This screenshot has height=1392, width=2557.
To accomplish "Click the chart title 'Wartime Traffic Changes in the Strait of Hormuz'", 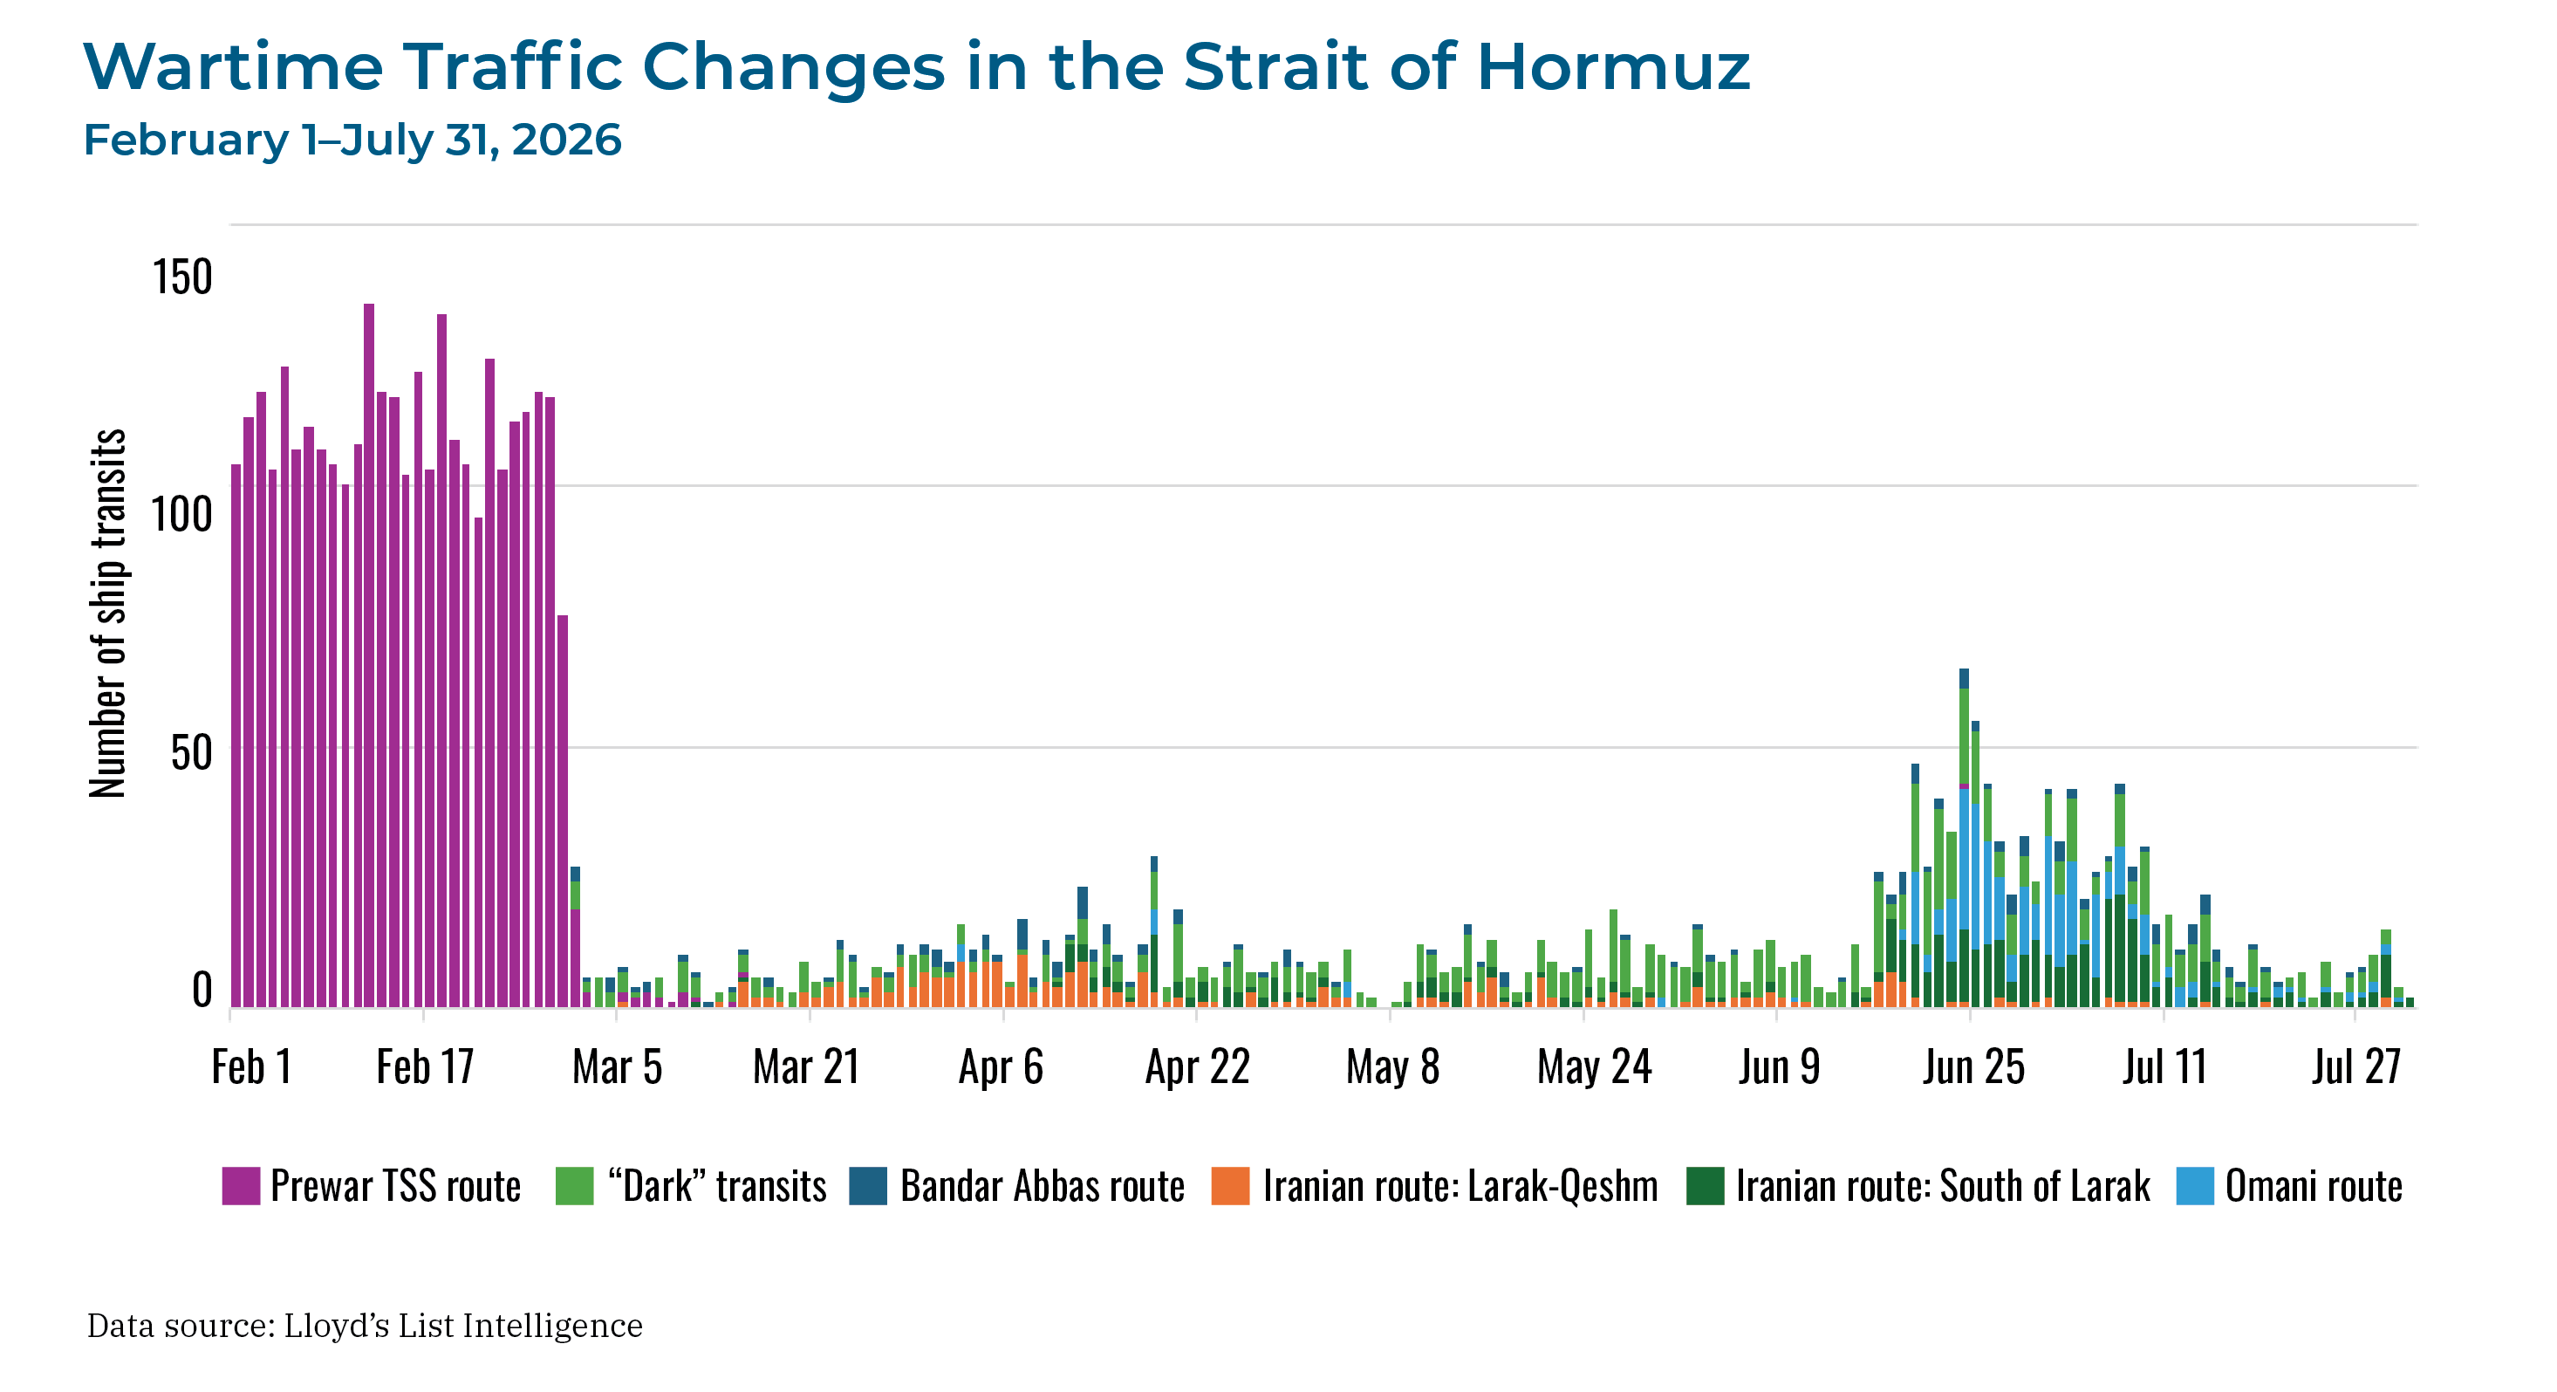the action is [916, 66].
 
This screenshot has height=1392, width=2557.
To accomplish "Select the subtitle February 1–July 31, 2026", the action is [352, 140].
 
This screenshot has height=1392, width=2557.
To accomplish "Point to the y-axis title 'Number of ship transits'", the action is [107, 613].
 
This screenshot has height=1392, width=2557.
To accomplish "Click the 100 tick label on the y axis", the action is [181, 514].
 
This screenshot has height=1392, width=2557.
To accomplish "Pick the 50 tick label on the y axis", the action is [192, 752].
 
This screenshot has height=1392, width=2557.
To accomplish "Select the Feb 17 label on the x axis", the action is [425, 1067].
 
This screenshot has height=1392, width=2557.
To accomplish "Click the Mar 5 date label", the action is [617, 1067].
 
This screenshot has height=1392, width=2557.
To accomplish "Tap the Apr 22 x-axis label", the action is [1197, 1067].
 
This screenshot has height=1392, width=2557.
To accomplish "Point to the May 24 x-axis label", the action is [1594, 1067].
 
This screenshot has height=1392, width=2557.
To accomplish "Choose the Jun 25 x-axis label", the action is [1973, 1067].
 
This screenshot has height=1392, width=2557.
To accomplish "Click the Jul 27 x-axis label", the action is [2355, 1067].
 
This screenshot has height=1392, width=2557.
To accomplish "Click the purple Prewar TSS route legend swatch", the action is [241, 1185].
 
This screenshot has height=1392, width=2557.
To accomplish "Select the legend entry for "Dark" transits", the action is [691, 1185].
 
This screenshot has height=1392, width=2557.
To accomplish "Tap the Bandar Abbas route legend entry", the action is [1017, 1185].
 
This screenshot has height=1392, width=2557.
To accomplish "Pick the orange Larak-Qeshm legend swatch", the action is [1231, 1185].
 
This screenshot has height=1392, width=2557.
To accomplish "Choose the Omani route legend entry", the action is [2289, 1185].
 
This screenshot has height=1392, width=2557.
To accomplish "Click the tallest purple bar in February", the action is [369, 655].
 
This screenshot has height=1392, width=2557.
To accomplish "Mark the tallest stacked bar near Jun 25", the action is [1964, 838].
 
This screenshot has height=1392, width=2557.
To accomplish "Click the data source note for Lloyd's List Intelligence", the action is [365, 1326].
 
